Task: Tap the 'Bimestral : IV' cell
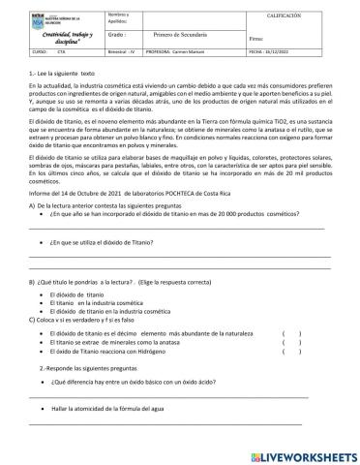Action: pos(122,55)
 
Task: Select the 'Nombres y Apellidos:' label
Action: pos(119,17)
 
